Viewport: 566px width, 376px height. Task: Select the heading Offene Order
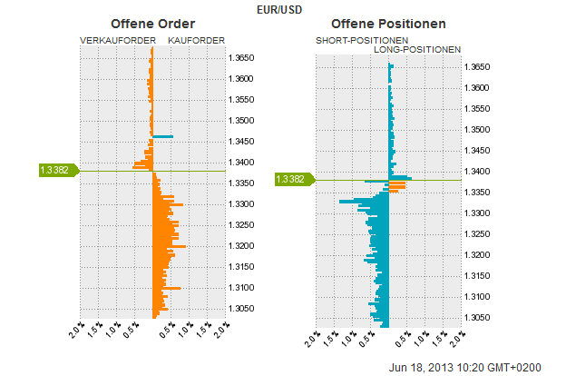[x=152, y=24]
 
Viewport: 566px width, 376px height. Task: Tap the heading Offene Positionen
[x=388, y=24]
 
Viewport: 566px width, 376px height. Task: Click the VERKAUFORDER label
[x=115, y=41]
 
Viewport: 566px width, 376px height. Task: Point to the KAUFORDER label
[x=197, y=41]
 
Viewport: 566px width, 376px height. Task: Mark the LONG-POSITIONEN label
[x=417, y=50]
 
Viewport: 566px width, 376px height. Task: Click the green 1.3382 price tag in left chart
[x=55, y=170]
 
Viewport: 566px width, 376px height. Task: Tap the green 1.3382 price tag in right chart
[x=291, y=180]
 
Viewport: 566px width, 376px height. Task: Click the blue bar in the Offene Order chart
[x=162, y=136]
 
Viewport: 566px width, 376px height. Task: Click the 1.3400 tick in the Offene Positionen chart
[x=478, y=172]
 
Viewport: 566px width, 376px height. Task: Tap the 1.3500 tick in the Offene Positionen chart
[x=478, y=130]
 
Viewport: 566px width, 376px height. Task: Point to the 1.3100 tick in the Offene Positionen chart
[x=478, y=297]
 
